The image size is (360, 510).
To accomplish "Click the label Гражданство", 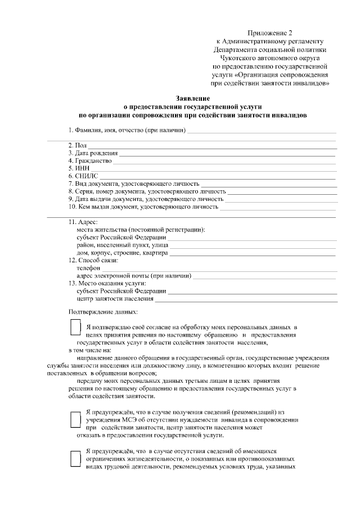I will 90,160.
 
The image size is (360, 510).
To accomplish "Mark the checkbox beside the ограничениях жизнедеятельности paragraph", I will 74,459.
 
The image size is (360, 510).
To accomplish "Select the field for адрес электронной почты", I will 264,276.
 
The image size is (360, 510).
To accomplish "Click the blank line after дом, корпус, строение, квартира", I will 253,253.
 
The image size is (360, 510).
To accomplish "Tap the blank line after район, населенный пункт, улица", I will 253,245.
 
